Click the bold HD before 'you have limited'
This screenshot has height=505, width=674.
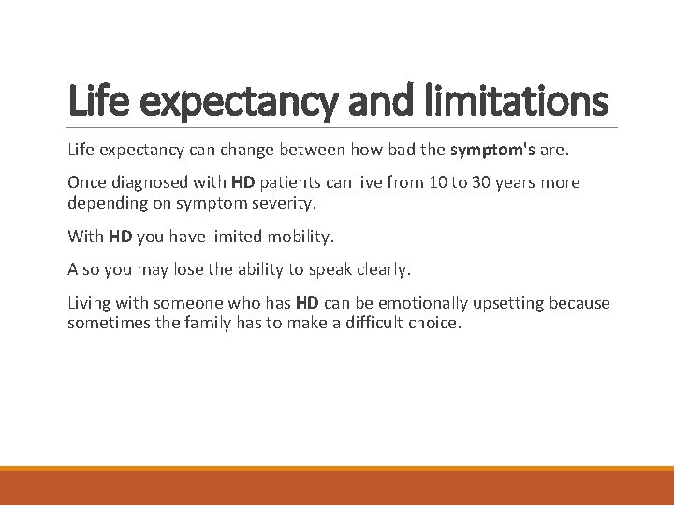click(120, 237)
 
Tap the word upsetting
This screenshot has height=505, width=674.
click(505, 303)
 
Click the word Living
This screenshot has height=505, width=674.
click(89, 303)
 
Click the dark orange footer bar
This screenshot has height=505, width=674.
click(337, 488)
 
